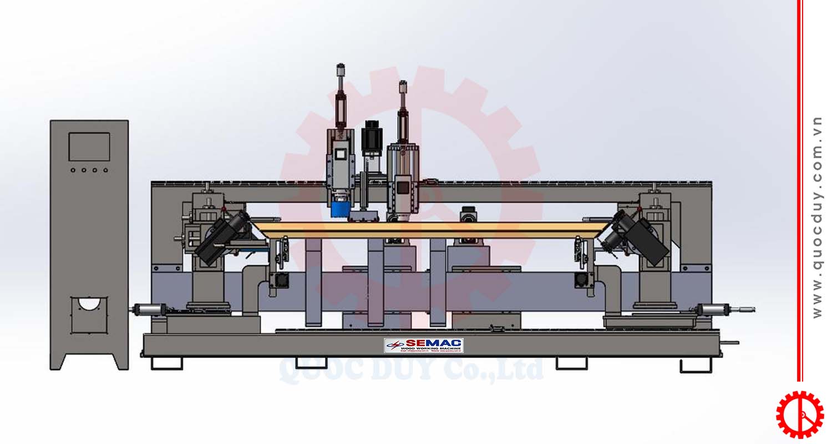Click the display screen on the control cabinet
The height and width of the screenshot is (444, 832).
(89, 147)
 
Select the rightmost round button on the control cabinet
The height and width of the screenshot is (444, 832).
(105, 170)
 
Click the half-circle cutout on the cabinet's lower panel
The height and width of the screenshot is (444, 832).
(89, 304)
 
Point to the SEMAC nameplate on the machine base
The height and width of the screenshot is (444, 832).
(424, 345)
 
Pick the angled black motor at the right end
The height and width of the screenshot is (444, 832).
(638, 236)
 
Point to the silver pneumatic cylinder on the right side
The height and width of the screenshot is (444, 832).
(716, 309)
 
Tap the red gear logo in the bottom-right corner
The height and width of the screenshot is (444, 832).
(799, 414)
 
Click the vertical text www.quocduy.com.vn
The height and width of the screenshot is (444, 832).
(817, 216)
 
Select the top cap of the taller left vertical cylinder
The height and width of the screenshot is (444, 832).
(341, 69)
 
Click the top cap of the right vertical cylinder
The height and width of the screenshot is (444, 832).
(403, 86)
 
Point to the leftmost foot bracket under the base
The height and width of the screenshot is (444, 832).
(166, 364)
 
